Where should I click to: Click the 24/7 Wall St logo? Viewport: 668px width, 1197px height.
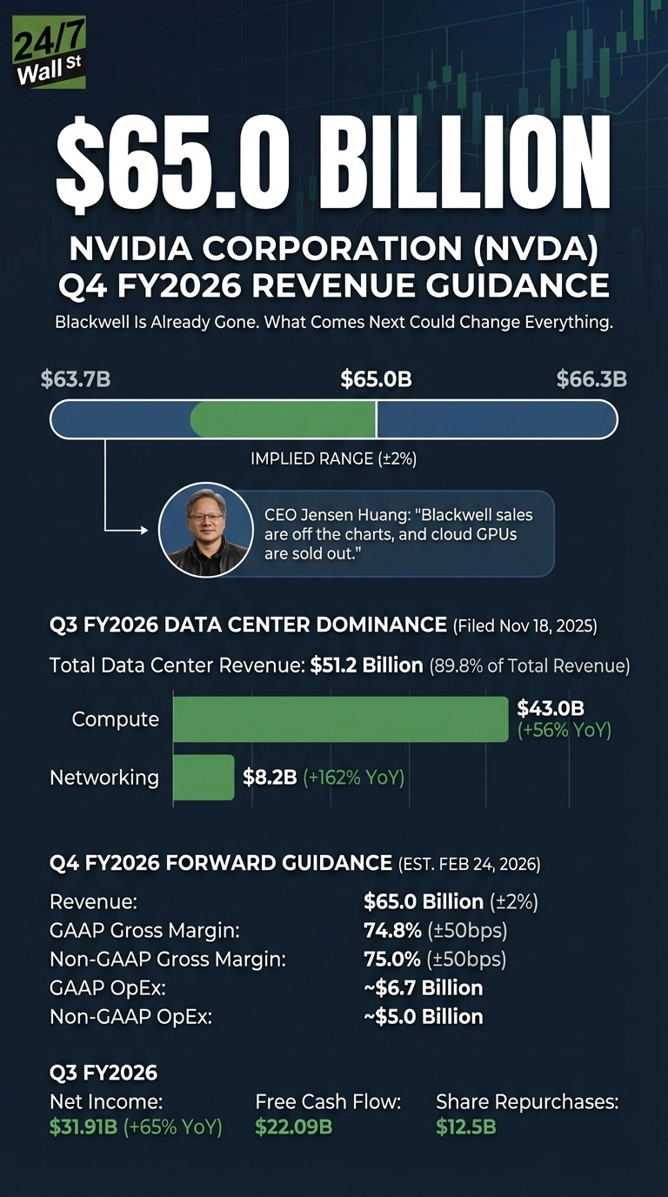click(x=49, y=58)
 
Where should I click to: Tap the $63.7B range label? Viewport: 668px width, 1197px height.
click(x=76, y=379)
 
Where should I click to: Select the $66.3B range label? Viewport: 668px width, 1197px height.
click(x=591, y=379)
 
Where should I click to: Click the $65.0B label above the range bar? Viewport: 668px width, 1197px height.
click(x=376, y=379)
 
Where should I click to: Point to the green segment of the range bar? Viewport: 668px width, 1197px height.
click(x=283, y=420)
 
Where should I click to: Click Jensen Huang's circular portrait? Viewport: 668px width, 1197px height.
click(x=205, y=531)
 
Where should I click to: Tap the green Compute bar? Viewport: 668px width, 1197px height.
click(x=339, y=719)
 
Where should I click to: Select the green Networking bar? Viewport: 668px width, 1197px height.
click(x=204, y=777)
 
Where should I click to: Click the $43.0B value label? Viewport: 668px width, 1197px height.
click(x=550, y=708)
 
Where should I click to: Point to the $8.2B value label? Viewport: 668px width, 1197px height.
click(x=270, y=777)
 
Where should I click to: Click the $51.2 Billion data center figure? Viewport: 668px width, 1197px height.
click(x=366, y=665)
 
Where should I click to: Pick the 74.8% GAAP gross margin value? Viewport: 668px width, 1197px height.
click(x=391, y=930)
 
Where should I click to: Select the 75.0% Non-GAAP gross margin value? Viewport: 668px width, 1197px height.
click(x=391, y=959)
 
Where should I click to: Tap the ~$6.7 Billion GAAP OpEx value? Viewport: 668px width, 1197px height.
click(x=423, y=987)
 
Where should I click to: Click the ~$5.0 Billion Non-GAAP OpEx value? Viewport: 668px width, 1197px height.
click(x=423, y=1016)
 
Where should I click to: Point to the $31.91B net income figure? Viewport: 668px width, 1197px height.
click(x=83, y=1127)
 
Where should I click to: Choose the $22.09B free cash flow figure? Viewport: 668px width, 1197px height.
click(x=294, y=1127)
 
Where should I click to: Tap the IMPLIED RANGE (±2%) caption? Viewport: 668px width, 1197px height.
click(x=333, y=458)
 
